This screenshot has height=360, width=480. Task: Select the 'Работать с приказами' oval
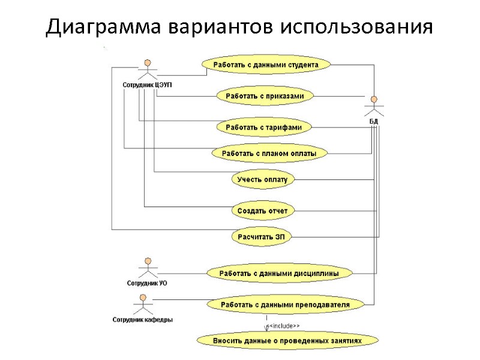pyautogui.click(x=265, y=95)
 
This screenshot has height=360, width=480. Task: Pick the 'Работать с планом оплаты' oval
pyautogui.click(x=269, y=154)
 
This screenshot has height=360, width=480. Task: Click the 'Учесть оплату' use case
pyautogui.click(x=262, y=179)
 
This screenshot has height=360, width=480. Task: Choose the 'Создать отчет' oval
pyautogui.click(x=262, y=211)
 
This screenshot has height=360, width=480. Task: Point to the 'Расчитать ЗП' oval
pyautogui.click(x=262, y=236)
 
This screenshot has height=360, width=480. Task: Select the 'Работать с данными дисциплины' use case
pyautogui.click(x=278, y=273)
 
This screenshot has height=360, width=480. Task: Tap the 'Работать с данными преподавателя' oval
pyautogui.click(x=284, y=304)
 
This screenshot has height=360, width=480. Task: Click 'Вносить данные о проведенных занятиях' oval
pyautogui.click(x=287, y=340)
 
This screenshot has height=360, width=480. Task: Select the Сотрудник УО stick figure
pyautogui.click(x=146, y=268)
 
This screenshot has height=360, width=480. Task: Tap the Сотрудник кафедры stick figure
pyautogui.click(x=142, y=304)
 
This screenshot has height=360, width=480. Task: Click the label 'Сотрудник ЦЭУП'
pyautogui.click(x=148, y=85)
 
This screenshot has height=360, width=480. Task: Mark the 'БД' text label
pyautogui.click(x=373, y=121)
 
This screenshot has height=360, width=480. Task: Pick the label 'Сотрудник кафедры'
pyautogui.click(x=142, y=320)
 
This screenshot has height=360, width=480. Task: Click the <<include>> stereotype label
pyautogui.click(x=283, y=326)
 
